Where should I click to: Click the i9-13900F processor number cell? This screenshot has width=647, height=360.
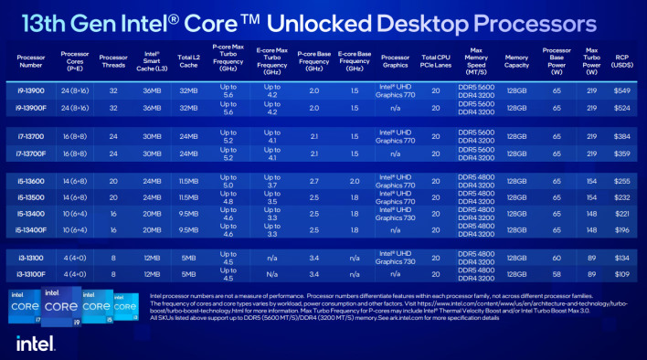pos(31,108)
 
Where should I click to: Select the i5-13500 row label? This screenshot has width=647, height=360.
pos(31,197)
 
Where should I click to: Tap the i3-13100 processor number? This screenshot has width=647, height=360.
pos(31,258)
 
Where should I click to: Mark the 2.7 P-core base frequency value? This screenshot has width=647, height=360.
pos(313,182)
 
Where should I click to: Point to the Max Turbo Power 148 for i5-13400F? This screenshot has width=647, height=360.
pos(590,228)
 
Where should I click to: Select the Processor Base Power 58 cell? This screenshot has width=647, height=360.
pos(557,273)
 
